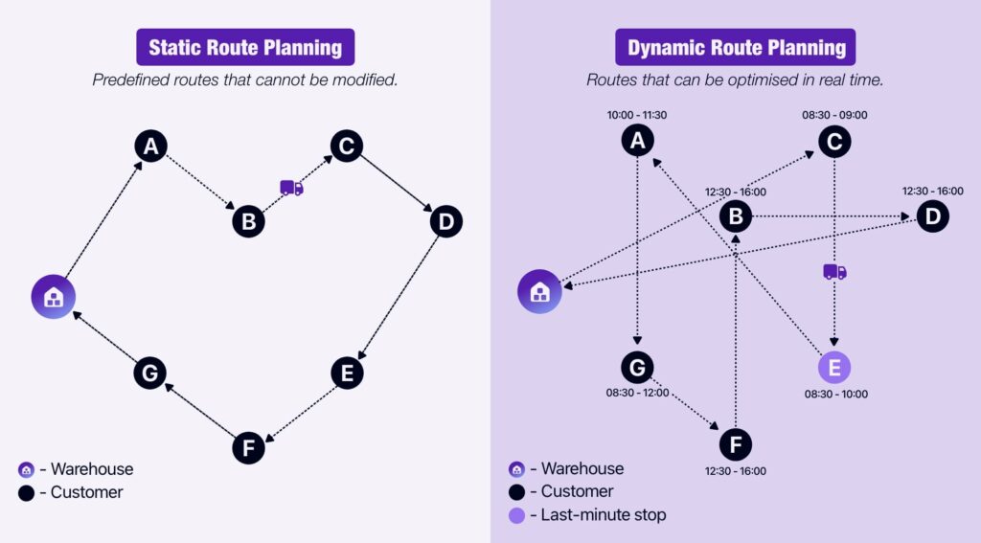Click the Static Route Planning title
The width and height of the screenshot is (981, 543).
pos(245,47)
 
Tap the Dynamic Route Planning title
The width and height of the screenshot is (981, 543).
pos(736,47)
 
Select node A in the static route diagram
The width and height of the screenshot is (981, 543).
pos(150,147)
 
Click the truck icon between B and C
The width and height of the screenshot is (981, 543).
pos(291,188)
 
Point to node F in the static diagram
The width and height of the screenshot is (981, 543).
pos(248,447)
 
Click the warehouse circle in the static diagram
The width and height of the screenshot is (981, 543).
pos(54,296)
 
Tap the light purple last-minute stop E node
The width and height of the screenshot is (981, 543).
pos(833,367)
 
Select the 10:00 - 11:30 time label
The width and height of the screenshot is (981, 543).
pos(637,115)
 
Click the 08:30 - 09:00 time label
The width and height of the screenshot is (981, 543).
pos(834,115)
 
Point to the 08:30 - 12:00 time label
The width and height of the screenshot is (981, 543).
pos(637,392)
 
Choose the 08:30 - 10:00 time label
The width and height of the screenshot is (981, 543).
pos(834,393)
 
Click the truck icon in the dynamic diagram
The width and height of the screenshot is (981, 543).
pos(834,272)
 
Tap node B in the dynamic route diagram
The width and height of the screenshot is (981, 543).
pos(736,216)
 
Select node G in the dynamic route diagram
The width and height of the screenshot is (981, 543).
pos(637,367)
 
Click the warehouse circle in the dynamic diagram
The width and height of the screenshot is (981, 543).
pos(540,291)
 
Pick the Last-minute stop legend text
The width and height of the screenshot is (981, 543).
pos(603,514)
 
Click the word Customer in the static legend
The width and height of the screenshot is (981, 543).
pos(86,492)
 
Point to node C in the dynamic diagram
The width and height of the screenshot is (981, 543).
pos(834,142)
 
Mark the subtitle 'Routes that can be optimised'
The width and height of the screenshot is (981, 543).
pos(735,80)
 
